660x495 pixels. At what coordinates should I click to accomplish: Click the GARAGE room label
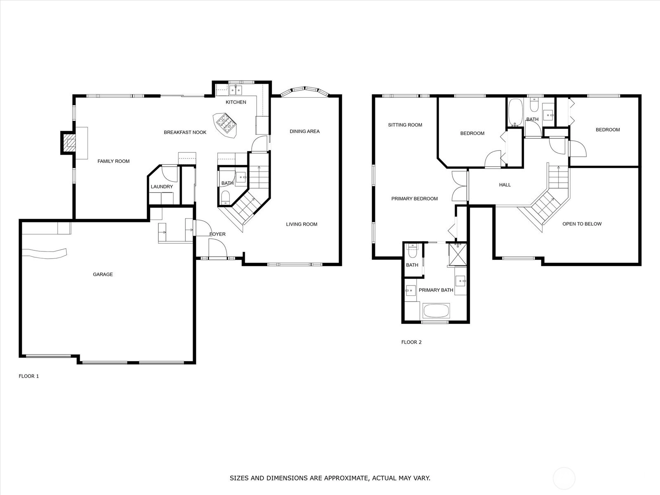click(x=103, y=274)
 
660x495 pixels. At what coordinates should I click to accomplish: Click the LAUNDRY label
click(x=162, y=186)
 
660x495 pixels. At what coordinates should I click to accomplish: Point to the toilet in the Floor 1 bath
click(x=225, y=197)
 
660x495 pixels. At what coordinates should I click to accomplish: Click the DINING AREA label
click(x=304, y=131)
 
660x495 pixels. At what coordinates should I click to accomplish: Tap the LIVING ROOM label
click(x=302, y=224)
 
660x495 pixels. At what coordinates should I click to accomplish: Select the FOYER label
click(x=217, y=234)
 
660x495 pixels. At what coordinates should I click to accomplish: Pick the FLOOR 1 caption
click(x=29, y=376)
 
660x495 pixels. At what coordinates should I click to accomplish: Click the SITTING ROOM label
click(x=405, y=125)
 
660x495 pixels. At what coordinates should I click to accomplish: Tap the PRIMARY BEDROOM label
click(x=414, y=199)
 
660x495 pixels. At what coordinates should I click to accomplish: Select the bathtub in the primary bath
click(x=436, y=311)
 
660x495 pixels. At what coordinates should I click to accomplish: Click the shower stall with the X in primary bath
click(x=457, y=254)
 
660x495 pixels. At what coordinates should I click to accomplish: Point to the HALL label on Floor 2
click(x=505, y=185)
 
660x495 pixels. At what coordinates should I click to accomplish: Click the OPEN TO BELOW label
click(x=582, y=224)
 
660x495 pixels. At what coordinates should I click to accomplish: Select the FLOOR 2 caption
click(x=411, y=342)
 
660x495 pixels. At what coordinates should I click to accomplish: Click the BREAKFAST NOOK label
click(x=185, y=132)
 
